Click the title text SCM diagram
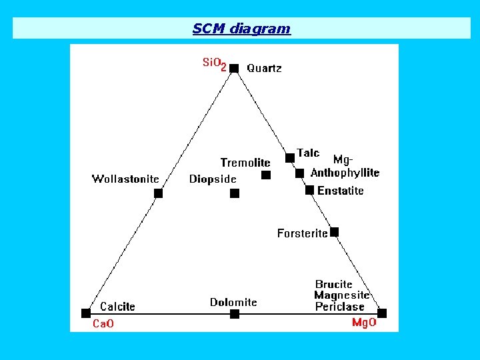(x=241, y=29)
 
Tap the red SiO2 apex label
(x=214, y=63)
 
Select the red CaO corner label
(x=103, y=324)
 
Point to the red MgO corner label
(x=364, y=323)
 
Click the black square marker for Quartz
(x=234, y=68)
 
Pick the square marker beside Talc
(x=290, y=158)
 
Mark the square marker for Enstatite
(x=309, y=190)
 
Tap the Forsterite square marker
(x=335, y=232)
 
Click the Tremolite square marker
(x=266, y=175)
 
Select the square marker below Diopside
(x=234, y=193)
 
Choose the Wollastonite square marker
(x=158, y=193)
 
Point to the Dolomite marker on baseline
(x=234, y=314)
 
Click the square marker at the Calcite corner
(x=86, y=313)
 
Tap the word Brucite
(x=334, y=285)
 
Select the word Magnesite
(x=341, y=295)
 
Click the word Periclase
(x=340, y=307)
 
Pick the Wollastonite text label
(x=125, y=179)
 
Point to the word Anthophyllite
(x=345, y=173)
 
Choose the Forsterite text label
(x=303, y=233)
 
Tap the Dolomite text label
(x=233, y=302)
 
